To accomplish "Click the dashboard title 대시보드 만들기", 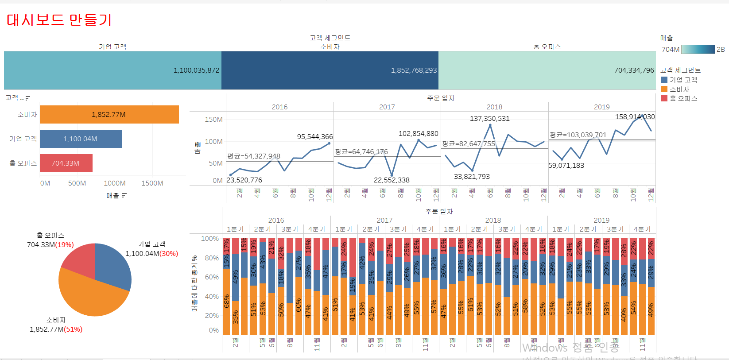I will click(x=59, y=20).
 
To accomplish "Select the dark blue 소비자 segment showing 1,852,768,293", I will click(x=330, y=70).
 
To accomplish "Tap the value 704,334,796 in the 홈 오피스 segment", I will click(x=634, y=70).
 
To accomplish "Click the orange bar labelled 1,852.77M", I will click(x=109, y=115).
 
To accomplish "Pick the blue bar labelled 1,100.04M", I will click(x=81, y=139).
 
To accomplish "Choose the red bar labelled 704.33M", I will click(x=66, y=163).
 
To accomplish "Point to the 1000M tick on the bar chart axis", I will click(x=115, y=183).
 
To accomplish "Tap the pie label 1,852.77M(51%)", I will click(x=56, y=329).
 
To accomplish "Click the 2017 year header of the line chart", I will click(x=387, y=107).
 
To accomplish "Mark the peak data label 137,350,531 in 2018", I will click(x=489, y=119).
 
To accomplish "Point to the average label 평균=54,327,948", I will click(x=254, y=156).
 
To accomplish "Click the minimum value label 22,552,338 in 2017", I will click(x=392, y=180).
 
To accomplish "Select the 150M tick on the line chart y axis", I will click(x=213, y=120).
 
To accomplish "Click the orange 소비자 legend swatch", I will click(x=664, y=89).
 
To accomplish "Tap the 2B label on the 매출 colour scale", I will click(x=721, y=50).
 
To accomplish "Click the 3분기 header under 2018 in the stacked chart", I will click(x=506, y=229).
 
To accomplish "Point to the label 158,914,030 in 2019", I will click(x=635, y=117).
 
